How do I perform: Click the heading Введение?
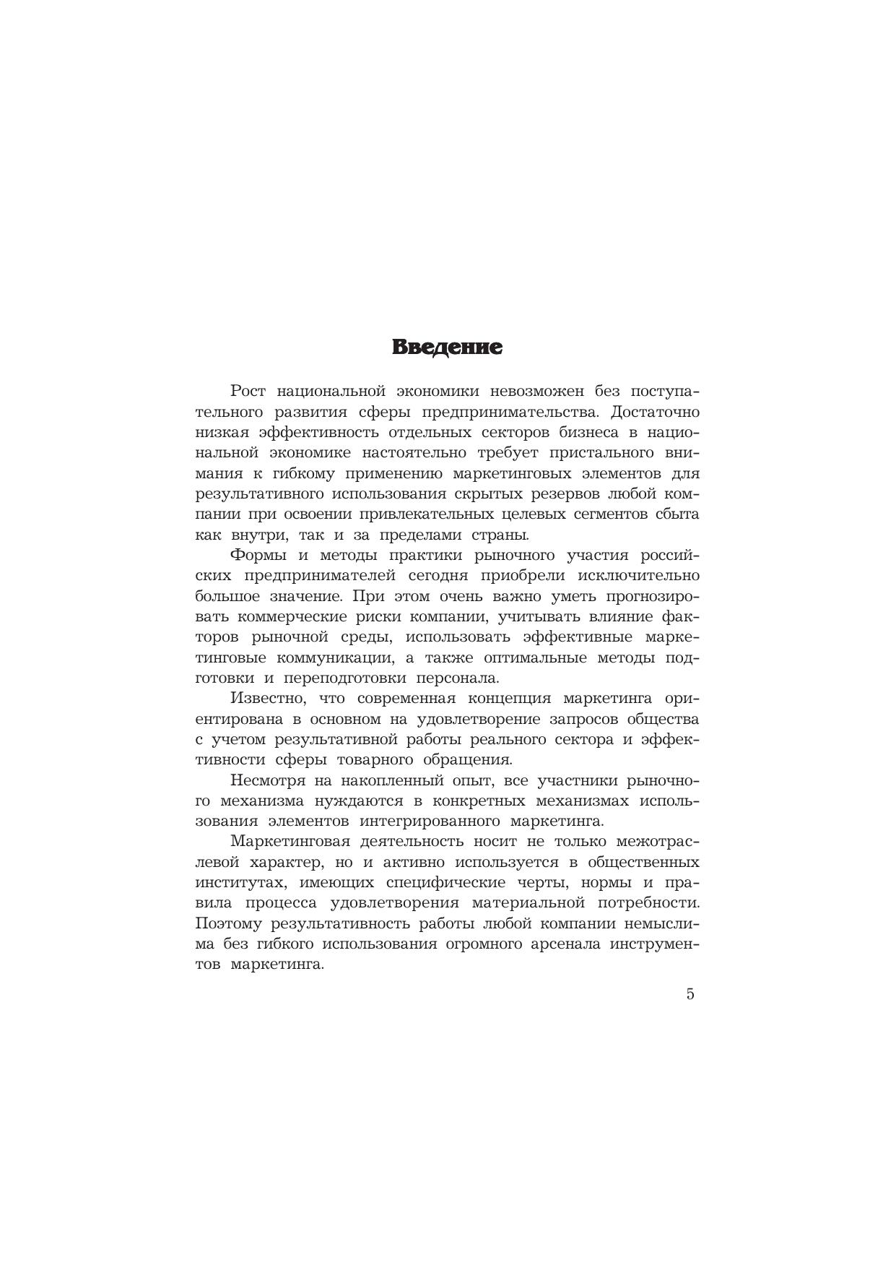[447, 348]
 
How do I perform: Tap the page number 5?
[690, 994]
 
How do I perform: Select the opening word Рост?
[248, 392]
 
